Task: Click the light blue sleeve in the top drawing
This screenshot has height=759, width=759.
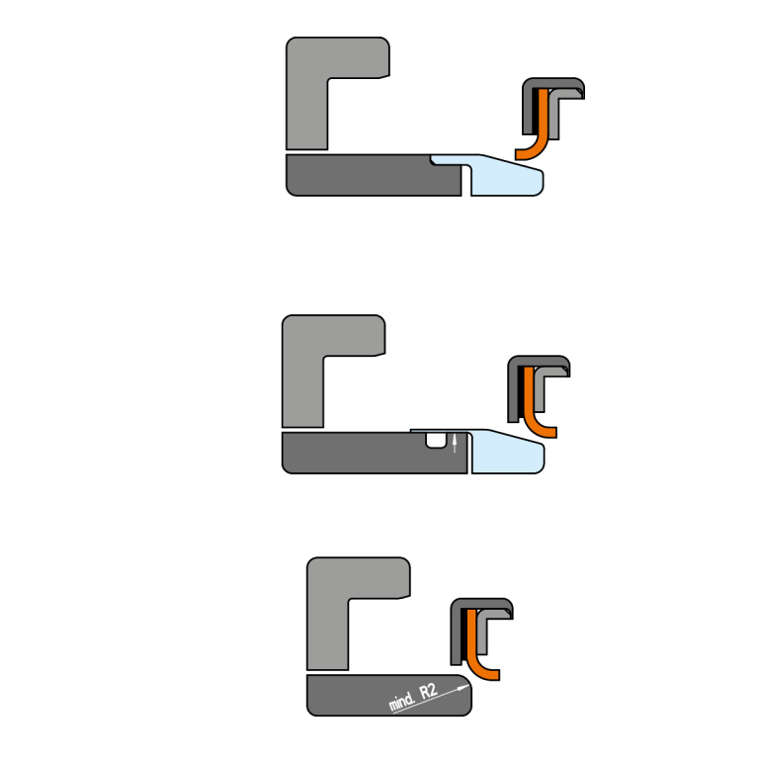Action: tap(504, 176)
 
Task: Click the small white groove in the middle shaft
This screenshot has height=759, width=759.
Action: tap(434, 441)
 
